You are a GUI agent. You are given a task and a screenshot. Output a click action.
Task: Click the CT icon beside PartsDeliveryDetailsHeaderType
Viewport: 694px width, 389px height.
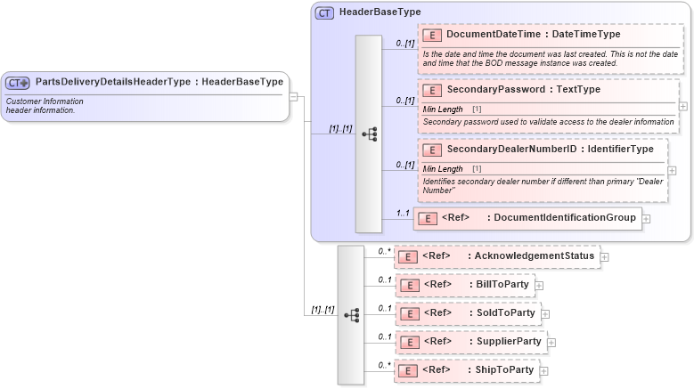point(18,82)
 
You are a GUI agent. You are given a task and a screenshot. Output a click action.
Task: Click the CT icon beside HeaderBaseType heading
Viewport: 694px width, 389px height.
point(324,12)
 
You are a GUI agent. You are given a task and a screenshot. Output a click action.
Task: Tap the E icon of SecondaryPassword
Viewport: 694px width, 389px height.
point(432,90)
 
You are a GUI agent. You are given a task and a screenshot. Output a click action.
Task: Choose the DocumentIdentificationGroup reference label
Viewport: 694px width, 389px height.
point(564,217)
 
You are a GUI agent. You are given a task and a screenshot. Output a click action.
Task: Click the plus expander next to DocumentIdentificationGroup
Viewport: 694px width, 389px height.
point(646,218)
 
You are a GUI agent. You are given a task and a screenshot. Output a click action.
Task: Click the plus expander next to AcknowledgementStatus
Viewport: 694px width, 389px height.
point(604,257)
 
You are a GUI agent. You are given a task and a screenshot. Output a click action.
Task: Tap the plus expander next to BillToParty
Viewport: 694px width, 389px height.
point(539,286)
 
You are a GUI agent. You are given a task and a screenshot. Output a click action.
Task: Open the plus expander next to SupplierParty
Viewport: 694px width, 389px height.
point(551,342)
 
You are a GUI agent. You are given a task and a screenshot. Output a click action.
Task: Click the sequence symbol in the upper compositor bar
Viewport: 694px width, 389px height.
point(369,134)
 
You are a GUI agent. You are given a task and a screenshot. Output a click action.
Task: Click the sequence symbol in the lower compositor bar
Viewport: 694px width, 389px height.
point(351,315)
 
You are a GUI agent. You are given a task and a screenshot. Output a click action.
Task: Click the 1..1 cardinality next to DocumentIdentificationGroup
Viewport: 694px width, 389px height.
point(402,213)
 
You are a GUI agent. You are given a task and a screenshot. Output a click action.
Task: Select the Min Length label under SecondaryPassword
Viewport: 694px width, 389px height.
point(443,109)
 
